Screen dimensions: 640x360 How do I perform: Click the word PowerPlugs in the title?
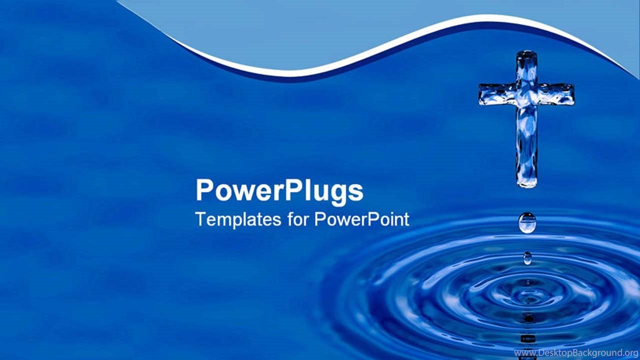pos(279,191)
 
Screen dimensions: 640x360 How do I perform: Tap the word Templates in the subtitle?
pos(238,219)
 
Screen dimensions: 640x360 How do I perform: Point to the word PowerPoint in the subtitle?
pos(361,219)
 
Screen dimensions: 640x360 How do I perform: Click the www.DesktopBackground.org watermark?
pos(576,353)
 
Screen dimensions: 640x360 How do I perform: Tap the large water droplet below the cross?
pos(527,223)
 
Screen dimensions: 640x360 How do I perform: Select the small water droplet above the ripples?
pos(527,258)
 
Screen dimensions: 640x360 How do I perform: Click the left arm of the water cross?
pos(497,94)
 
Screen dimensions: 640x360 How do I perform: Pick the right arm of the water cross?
pos(556,94)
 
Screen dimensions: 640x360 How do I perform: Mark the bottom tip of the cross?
pos(527,186)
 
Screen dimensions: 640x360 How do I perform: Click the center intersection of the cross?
pos(527,94)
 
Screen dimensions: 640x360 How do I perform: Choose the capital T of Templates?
pos(201,219)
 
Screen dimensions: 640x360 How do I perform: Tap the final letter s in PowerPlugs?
pos(356,192)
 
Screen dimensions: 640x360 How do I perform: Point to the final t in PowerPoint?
pos(407,219)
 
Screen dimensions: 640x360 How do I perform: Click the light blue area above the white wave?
pos(314,28)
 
